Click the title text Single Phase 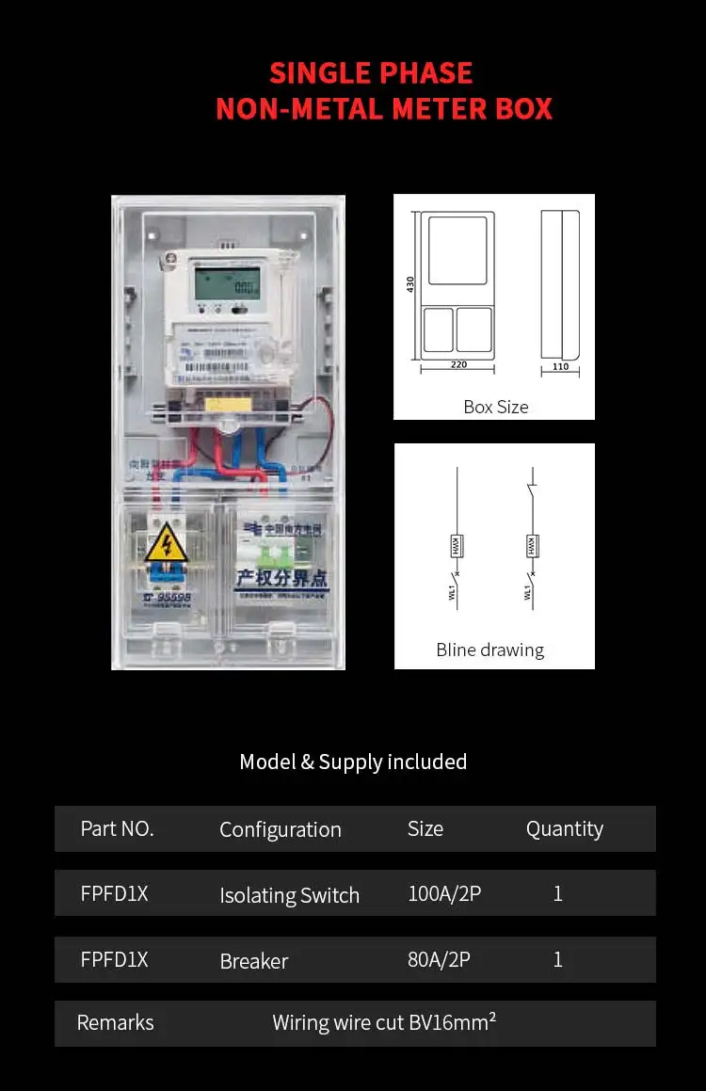[x=371, y=73]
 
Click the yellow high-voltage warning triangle [x=165, y=543]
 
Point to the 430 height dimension [x=410, y=283]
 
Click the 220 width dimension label [x=457, y=364]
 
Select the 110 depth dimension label [x=560, y=366]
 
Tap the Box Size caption [x=495, y=407]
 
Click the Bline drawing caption [x=489, y=650]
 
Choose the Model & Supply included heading [x=353, y=762]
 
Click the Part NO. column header [x=117, y=828]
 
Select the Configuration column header [x=281, y=829]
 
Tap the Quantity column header [x=565, y=828]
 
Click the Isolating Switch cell [x=289, y=895]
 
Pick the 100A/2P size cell [x=444, y=893]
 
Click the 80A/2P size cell [x=439, y=959]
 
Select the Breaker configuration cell [x=254, y=961]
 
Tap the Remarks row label [x=115, y=1022]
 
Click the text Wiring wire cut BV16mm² [x=384, y=1022]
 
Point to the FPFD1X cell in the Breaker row [x=114, y=959]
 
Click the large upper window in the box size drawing [x=457, y=249]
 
